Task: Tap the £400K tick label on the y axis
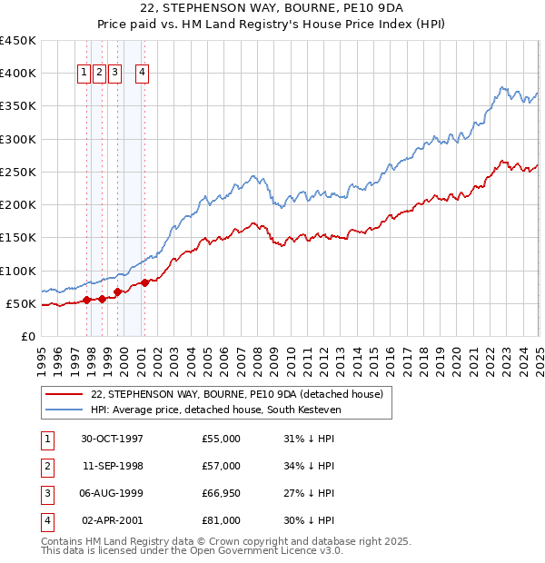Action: coord(18,74)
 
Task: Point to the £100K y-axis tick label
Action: coord(18,271)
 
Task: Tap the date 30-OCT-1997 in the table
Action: coord(113,439)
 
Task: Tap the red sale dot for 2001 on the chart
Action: coord(144,282)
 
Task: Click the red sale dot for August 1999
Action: coord(117,291)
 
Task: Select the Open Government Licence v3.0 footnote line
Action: coord(193,550)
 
